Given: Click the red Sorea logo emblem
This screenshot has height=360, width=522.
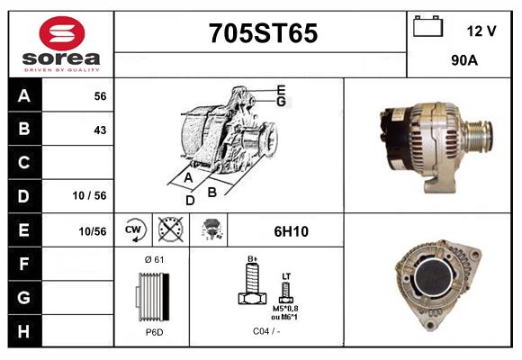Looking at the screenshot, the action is pyautogui.click(x=62, y=33).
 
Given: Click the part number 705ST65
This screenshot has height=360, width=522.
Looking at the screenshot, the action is pyautogui.click(x=263, y=33).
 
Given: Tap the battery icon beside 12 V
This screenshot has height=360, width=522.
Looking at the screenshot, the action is pyautogui.click(x=427, y=26).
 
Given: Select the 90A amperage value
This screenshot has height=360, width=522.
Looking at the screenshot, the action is pyautogui.click(x=464, y=60).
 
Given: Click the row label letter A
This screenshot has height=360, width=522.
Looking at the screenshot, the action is pyautogui.click(x=24, y=96).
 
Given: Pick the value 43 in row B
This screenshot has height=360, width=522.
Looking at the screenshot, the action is pyautogui.click(x=100, y=130).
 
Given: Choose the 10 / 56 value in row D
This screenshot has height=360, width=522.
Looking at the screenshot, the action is pyautogui.click(x=89, y=195).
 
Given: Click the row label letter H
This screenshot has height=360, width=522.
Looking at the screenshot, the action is pyautogui.click(x=23, y=331).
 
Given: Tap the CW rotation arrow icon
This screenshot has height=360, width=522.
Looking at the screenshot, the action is pyautogui.click(x=133, y=229).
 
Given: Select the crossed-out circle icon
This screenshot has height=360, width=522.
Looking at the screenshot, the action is pyautogui.click(x=171, y=229).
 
